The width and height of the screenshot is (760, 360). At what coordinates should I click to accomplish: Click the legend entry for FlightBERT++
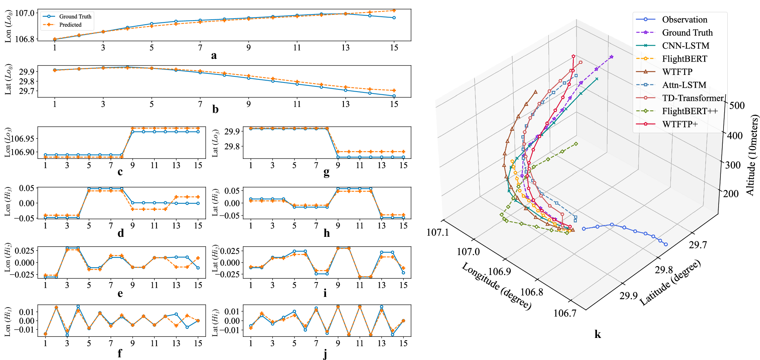click(x=690, y=111)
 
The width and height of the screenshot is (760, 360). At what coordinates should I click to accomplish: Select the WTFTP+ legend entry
click(x=680, y=124)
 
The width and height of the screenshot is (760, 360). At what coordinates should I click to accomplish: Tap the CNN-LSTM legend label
click(x=686, y=46)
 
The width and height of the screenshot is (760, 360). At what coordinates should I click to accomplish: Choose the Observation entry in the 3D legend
click(x=684, y=19)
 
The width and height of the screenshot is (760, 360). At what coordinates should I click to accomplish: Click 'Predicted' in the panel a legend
click(x=70, y=25)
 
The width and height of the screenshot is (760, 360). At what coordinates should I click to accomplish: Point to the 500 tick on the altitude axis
click(x=737, y=106)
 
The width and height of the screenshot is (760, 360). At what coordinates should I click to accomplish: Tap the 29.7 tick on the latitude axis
click(x=698, y=245)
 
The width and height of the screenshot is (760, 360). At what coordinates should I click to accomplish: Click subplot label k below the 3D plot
click(x=598, y=334)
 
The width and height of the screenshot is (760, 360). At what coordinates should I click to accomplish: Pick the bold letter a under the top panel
click(x=214, y=56)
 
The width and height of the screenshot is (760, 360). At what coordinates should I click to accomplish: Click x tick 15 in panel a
click(x=394, y=48)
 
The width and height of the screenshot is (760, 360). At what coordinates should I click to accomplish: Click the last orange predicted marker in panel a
click(x=394, y=10)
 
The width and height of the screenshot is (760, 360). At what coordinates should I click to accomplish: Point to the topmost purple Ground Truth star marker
click(x=611, y=57)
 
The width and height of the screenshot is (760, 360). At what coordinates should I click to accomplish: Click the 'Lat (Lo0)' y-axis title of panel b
click(x=8, y=80)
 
